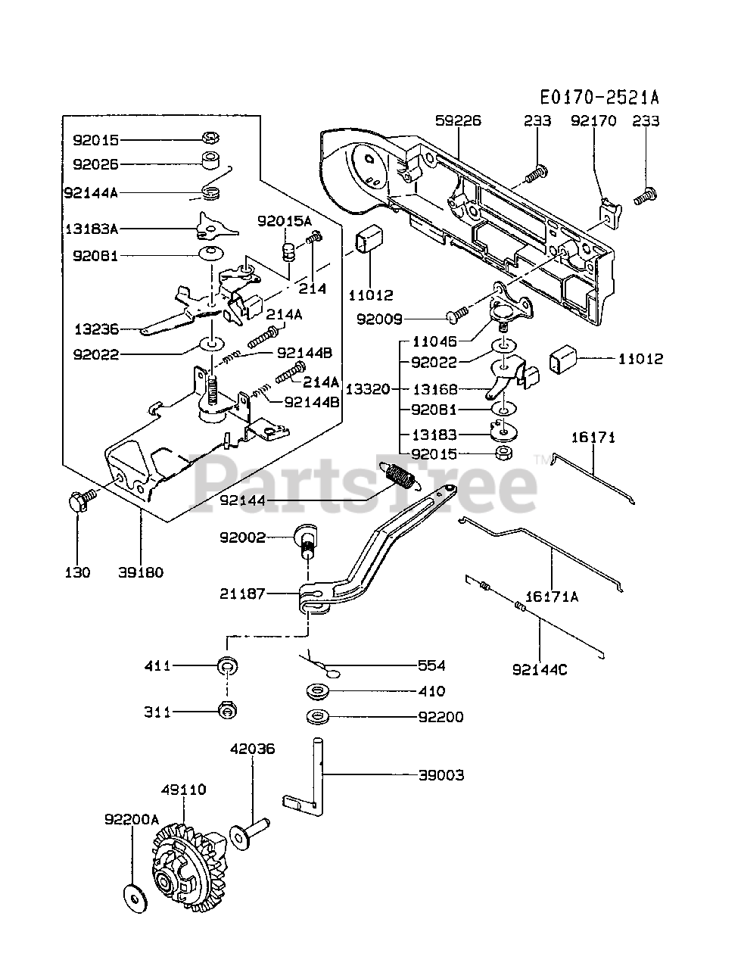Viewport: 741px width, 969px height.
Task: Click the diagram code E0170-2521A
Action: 599,97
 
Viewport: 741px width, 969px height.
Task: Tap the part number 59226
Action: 458,120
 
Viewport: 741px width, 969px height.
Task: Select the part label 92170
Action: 593,120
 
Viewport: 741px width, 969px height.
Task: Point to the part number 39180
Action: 140,572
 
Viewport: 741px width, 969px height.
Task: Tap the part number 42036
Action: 253,749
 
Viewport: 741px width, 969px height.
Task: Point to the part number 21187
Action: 242,594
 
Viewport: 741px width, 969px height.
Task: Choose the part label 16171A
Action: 552,597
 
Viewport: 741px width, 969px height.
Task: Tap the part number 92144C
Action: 540,668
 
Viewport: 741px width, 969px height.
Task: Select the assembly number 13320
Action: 368,389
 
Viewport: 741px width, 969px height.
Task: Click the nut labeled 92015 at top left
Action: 210,138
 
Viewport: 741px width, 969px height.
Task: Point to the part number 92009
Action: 381,319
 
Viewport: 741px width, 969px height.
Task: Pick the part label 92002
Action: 242,537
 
